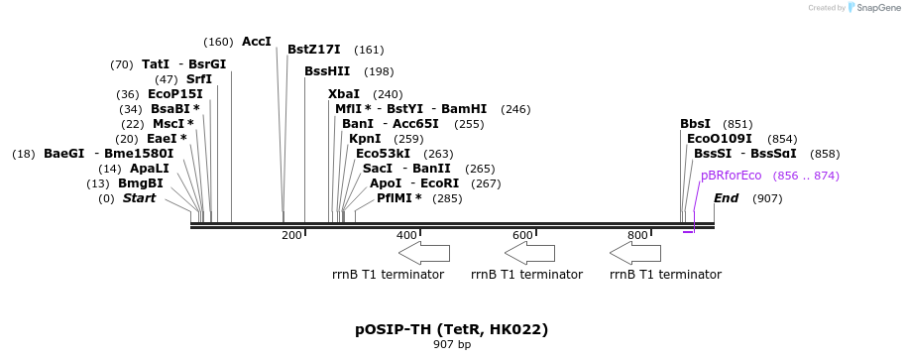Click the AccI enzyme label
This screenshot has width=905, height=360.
click(257, 42)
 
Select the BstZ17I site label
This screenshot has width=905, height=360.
click(314, 50)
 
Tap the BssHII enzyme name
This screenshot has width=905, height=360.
click(327, 71)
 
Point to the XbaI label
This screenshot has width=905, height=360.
click(344, 94)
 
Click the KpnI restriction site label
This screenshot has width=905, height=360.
click(365, 139)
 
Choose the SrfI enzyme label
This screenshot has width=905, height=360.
click(199, 79)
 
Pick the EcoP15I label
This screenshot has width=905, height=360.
click(175, 94)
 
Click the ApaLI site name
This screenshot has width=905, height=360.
click(150, 169)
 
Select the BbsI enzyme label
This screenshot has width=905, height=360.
click(696, 124)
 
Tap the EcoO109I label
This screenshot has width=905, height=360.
click(720, 139)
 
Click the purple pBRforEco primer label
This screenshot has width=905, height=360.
click(732, 176)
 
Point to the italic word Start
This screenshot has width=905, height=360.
click(139, 198)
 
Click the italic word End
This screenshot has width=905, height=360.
click(726, 198)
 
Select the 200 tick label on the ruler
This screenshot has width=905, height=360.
click(291, 235)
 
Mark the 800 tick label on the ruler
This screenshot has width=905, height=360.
click(637, 235)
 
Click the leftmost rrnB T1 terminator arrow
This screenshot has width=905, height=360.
click(424, 253)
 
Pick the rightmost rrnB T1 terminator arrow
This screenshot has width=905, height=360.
click(635, 253)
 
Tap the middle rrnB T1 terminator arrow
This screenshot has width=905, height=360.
click(530, 253)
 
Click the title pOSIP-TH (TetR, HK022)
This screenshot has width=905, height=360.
click(452, 330)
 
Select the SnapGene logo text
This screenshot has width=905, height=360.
click(878, 8)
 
